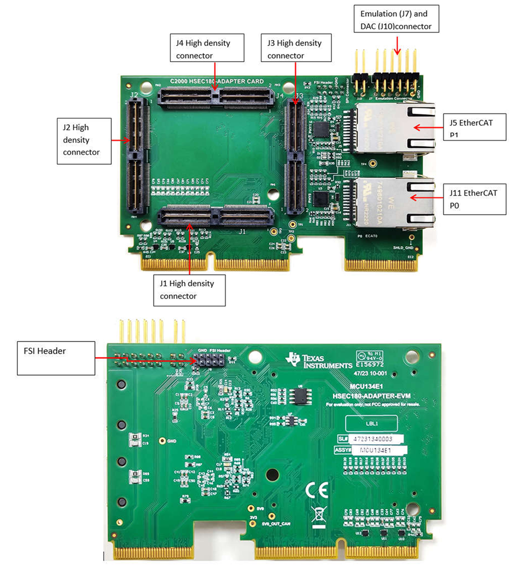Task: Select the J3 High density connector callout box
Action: tap(296, 48)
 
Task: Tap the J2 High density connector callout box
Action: tap(84, 140)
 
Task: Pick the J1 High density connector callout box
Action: tap(189, 290)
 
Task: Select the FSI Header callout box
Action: tap(56, 358)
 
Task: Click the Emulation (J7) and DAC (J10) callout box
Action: tap(396, 20)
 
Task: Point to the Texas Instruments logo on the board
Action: tap(318, 361)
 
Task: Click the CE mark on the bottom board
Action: tap(317, 490)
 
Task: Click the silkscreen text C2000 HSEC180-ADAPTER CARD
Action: tap(217, 81)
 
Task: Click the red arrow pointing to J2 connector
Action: tap(121, 140)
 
